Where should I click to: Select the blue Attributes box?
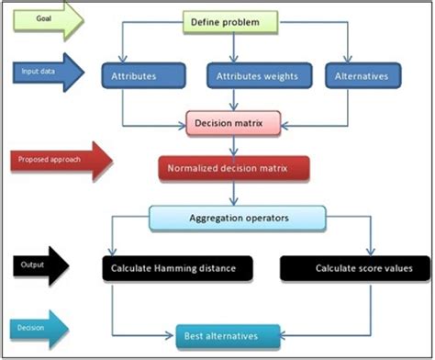[135, 76]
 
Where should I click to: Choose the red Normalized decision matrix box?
[233, 168]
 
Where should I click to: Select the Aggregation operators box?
[237, 217]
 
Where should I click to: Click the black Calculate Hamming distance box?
[173, 267]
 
